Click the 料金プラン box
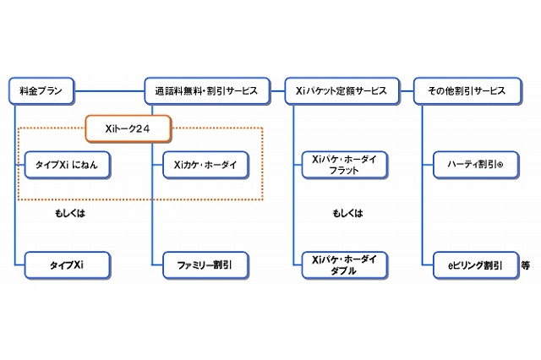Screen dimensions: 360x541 click(x=41, y=89)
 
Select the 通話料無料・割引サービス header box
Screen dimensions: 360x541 click(x=206, y=89)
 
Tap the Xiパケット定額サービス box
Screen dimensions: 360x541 click(x=338, y=89)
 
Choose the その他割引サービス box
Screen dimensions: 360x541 click(x=467, y=89)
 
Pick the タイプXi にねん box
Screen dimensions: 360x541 click(x=67, y=165)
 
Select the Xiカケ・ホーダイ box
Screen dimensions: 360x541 click(x=205, y=165)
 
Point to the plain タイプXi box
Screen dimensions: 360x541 click(x=67, y=265)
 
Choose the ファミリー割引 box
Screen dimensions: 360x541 click(x=205, y=265)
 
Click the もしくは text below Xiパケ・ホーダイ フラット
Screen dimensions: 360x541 click(x=346, y=214)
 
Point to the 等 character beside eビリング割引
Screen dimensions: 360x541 click(x=525, y=265)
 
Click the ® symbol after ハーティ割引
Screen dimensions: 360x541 click(x=500, y=166)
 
